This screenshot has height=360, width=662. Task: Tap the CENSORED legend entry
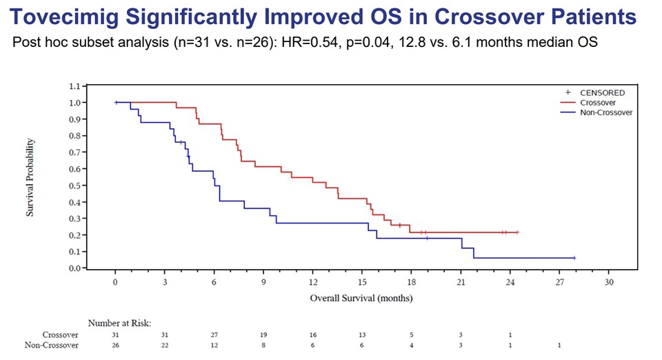(602, 92)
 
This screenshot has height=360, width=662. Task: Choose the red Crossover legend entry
(597, 102)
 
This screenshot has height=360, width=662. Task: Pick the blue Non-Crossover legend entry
(605, 112)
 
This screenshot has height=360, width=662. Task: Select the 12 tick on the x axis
(312, 283)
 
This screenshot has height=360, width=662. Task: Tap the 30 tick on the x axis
(608, 283)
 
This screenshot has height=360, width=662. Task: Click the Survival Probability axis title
(31, 177)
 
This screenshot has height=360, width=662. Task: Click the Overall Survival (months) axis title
(361, 299)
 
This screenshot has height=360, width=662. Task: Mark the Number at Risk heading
(119, 322)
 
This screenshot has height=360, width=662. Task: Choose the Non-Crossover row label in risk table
(52, 345)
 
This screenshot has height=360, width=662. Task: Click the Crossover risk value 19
(263, 334)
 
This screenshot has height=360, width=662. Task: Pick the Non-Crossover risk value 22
(165, 345)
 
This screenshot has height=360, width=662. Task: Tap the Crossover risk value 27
(214, 334)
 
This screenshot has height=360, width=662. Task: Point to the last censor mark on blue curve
(574, 258)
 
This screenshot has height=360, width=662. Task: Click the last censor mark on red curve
(517, 232)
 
